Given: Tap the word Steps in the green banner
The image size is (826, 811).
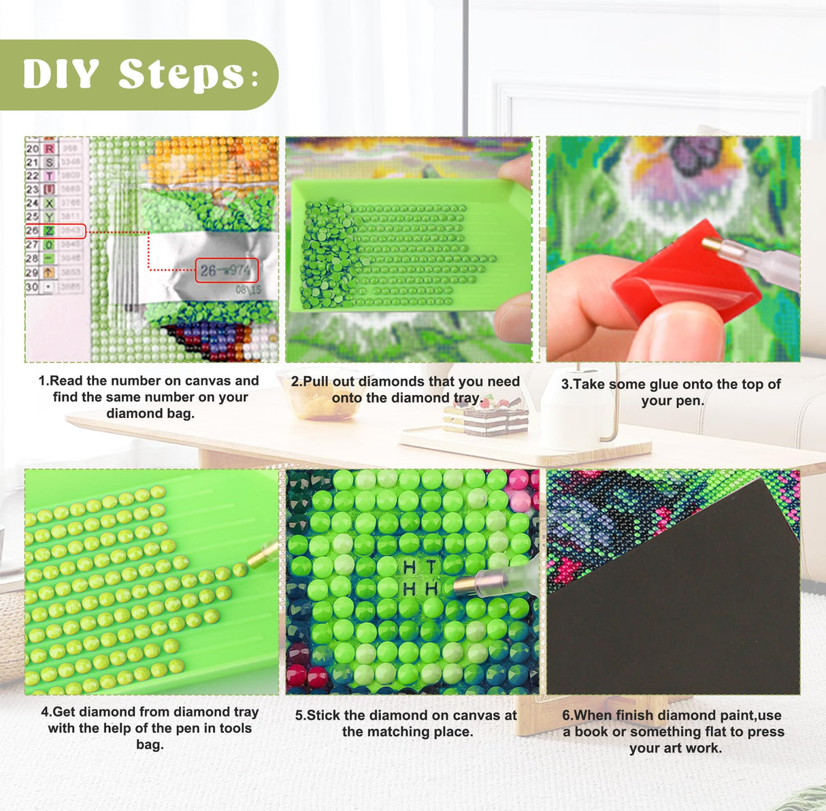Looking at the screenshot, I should pos(181,74).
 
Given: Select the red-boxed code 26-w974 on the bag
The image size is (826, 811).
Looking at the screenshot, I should pos(227,270).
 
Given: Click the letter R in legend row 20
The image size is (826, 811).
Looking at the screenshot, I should pos(49,148).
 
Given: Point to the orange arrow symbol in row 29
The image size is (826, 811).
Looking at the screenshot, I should pos(49,272).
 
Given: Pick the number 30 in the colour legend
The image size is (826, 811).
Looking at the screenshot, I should pos(32,287).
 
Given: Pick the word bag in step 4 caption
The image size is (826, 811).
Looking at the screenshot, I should pos(150,744).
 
